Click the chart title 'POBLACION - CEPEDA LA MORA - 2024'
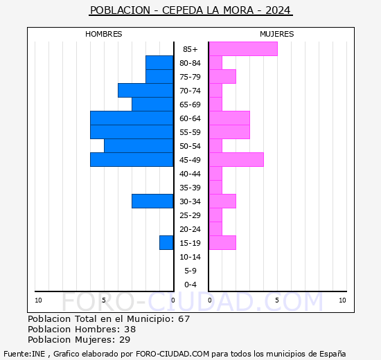tap(190, 10)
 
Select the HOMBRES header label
tap(104, 34)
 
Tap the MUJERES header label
tap(276, 34)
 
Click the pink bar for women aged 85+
tap(242, 48)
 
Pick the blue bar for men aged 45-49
tap(132, 159)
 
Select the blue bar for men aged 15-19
tap(166, 242)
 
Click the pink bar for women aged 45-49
tap(236, 159)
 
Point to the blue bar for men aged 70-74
tap(145, 90)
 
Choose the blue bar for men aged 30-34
tap(152, 201)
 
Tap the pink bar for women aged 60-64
tap(229, 118)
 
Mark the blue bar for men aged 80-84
tap(159, 62)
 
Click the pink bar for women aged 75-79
tap(222, 76)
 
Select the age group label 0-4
tap(190, 285)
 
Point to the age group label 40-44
tap(190, 174)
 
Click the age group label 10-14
tap(190, 257)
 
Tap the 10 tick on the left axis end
tap(38, 300)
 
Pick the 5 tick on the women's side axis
tap(276, 300)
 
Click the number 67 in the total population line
tap(184, 319)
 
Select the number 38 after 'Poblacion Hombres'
tap(130, 330)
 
